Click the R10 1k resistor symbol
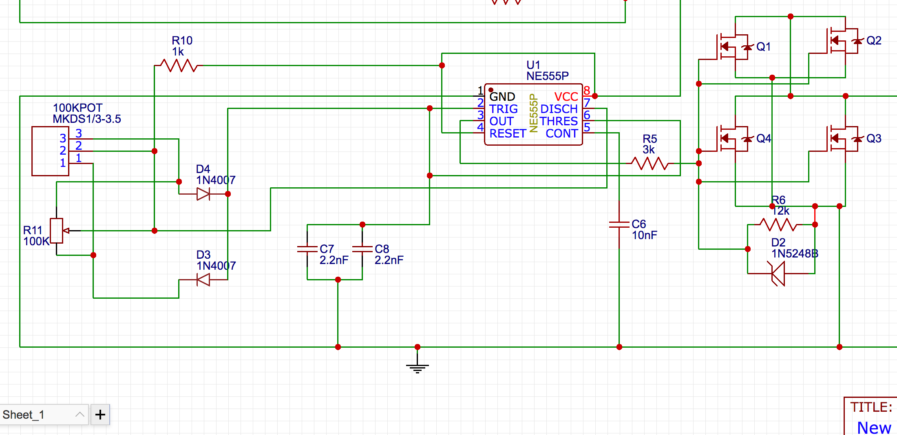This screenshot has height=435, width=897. point(179,65)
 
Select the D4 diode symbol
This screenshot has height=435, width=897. point(203,194)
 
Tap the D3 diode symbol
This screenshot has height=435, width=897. point(203,280)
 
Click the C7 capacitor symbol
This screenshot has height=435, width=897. point(307,249)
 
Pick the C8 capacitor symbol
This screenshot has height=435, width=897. point(362,249)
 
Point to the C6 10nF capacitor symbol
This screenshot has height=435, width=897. point(619,224)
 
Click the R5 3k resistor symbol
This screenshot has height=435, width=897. point(650,163)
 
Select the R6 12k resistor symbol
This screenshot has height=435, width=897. point(778,224)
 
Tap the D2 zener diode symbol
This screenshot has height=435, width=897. point(778,273)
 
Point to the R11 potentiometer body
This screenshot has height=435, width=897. point(56,231)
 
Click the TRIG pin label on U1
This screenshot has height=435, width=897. point(504,109)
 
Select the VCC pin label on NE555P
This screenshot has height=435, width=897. point(566,97)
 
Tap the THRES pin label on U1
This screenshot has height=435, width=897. point(559,121)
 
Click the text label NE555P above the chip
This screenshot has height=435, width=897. point(547,76)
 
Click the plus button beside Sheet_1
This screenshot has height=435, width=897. point(100,415)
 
